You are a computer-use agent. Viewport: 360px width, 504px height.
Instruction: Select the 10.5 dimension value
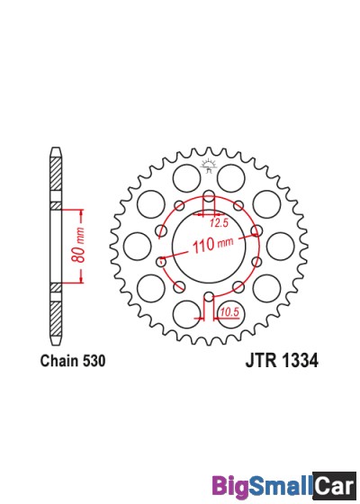coord(229,312)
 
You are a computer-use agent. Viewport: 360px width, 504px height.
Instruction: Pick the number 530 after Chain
coord(94,362)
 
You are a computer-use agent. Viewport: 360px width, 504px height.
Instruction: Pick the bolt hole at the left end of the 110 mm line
coord(161,262)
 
